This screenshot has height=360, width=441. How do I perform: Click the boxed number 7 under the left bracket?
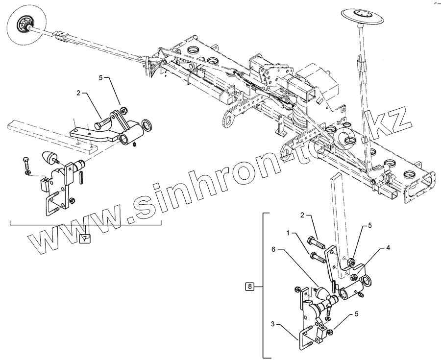point(84,239)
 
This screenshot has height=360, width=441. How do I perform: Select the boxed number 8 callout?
point(250,287)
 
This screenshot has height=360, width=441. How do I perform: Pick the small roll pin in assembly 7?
point(81,175)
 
